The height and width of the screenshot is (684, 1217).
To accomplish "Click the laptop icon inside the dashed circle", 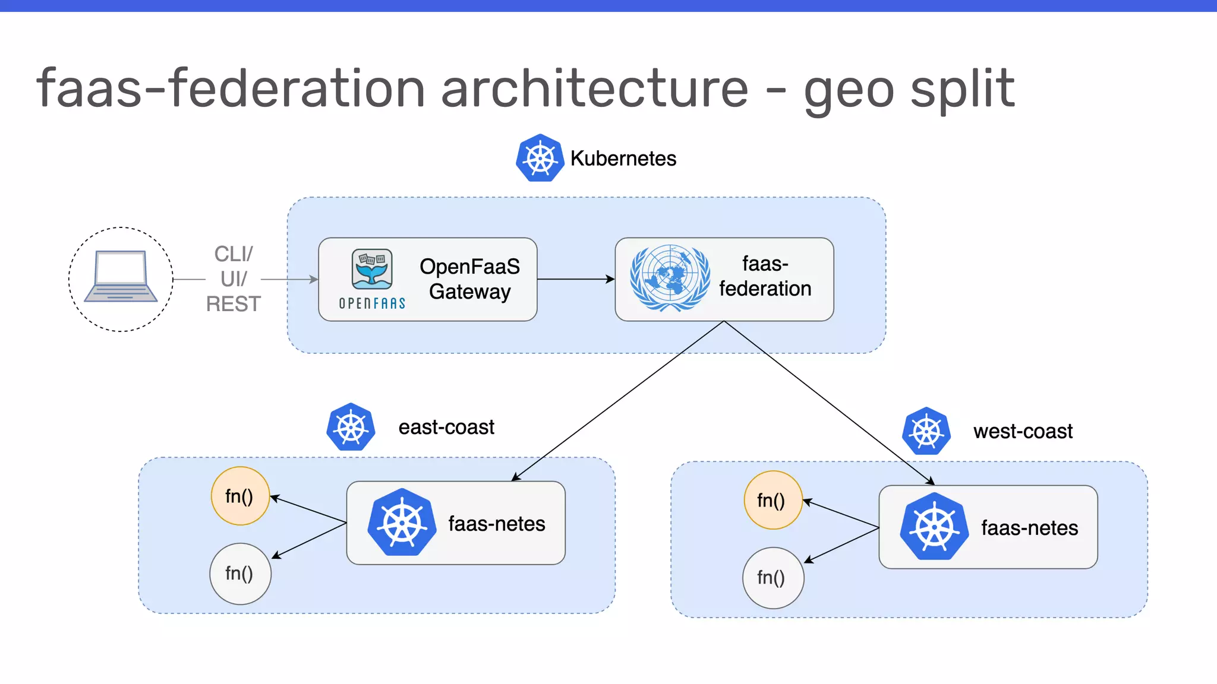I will click(121, 277).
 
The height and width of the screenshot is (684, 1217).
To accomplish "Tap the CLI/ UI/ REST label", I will click(233, 279).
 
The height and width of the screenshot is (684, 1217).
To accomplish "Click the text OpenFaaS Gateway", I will click(469, 279).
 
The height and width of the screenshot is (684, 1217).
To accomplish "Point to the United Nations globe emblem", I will click(670, 278).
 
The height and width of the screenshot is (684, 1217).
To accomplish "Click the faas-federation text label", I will click(765, 277).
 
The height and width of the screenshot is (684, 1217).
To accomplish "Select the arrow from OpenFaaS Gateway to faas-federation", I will click(575, 279).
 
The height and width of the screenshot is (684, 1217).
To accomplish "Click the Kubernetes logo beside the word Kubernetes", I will click(540, 158).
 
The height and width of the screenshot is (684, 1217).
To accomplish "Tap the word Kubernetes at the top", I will click(623, 159).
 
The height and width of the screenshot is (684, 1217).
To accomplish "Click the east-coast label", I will click(446, 427).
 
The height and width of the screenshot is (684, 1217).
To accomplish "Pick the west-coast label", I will click(1023, 431).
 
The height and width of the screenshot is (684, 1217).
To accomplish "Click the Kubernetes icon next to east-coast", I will click(351, 427).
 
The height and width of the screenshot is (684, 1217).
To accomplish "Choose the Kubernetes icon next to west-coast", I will click(926, 431).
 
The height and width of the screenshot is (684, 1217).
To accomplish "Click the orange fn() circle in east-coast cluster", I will click(240, 496).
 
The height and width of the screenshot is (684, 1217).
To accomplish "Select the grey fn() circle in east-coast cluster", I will click(240, 574).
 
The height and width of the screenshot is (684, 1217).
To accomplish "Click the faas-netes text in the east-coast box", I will click(496, 524).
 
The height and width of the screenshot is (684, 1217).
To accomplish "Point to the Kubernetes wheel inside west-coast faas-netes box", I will click(934, 527).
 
